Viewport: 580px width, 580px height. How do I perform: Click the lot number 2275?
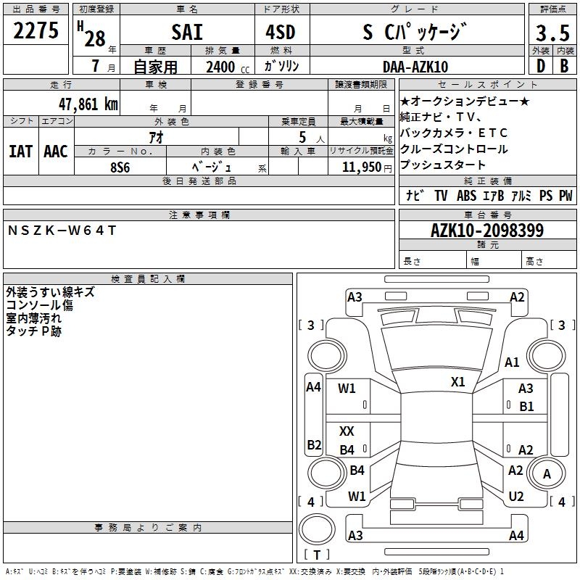click(36, 30)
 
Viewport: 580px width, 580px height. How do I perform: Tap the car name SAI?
click(187, 32)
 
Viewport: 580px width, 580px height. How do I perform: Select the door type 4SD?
click(281, 32)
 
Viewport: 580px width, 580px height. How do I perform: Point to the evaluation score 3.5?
click(552, 33)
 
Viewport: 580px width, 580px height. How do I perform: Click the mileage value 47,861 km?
click(88, 104)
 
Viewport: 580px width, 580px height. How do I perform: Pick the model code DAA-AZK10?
click(415, 67)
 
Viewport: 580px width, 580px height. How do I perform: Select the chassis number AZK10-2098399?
click(487, 231)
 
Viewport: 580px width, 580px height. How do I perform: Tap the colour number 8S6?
click(120, 167)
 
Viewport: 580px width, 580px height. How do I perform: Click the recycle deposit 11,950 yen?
click(367, 167)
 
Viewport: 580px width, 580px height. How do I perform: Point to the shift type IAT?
click(21, 152)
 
